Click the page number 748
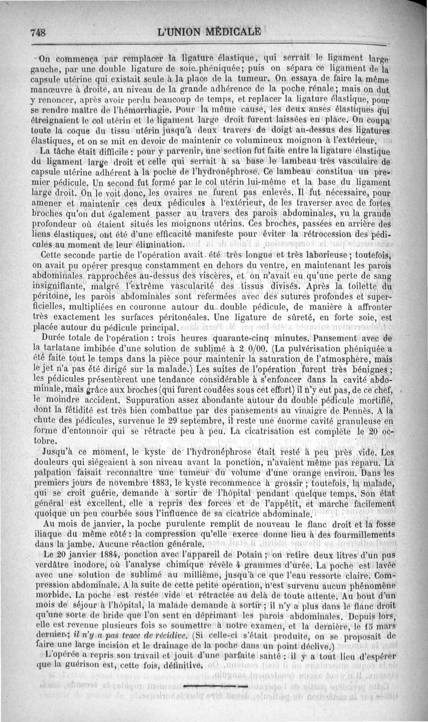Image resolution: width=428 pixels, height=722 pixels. pyautogui.click(x=38, y=32)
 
